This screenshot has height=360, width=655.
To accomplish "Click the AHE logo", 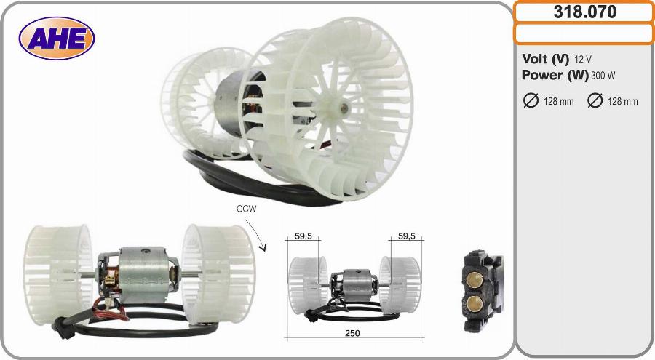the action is pyautogui.click(x=57, y=39).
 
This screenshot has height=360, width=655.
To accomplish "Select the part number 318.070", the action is pyautogui.click(x=585, y=12).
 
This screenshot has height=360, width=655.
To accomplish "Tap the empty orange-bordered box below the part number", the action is pyautogui.click(x=584, y=34).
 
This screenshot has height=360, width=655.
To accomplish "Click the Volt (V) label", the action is pyautogui.click(x=545, y=59).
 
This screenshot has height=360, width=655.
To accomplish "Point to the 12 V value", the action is pyautogui.click(x=583, y=60).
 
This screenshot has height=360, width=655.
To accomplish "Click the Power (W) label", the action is pyautogui.click(x=555, y=75).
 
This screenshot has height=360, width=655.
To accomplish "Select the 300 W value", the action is pyautogui.click(x=603, y=76).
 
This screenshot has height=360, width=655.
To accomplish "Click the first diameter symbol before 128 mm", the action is pyautogui.click(x=531, y=100).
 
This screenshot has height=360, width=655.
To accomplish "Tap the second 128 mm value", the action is pyautogui.click(x=622, y=102).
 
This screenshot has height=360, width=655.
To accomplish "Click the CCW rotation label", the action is pyautogui.click(x=246, y=209).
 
